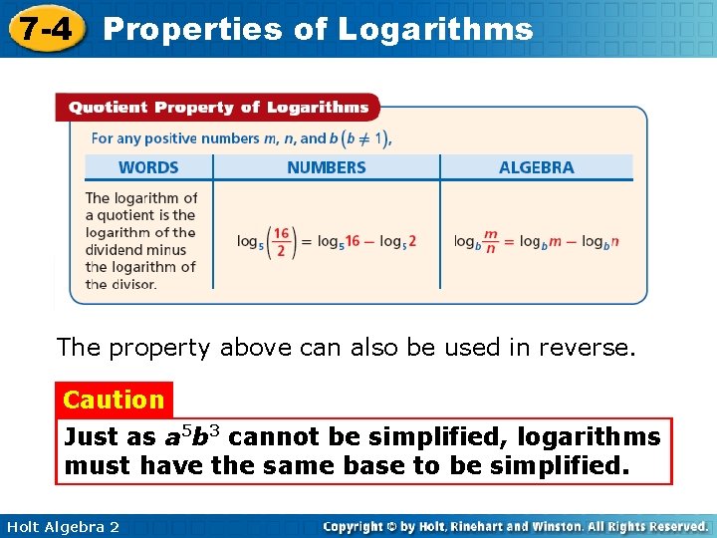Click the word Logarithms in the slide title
435,29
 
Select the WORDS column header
148,167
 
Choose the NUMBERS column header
326,167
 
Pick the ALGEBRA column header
536,167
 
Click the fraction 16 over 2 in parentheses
281,241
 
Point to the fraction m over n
490,241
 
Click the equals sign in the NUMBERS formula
306,241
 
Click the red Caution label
114,400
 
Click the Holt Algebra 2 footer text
62,526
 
